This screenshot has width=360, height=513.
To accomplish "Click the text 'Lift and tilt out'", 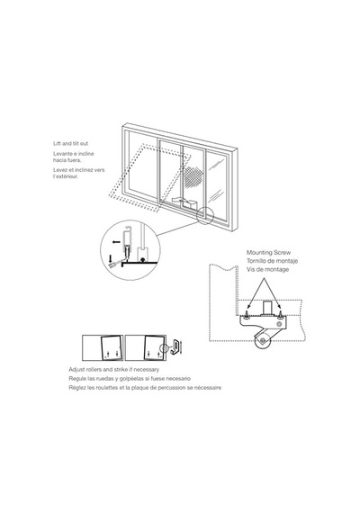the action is pos(71,143).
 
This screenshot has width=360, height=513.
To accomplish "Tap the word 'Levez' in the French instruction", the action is pos(60,170).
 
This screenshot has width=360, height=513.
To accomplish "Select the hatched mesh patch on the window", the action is pos(193,177).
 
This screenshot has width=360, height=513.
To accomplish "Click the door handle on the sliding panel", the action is pos(184,202).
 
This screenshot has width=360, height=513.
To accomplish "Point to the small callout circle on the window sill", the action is pos(205,216).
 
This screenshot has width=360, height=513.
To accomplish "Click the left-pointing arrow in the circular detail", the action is pos(116,242).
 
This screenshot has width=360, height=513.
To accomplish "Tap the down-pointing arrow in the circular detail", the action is pos(111,258).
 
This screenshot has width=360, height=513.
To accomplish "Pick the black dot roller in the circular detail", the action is pos(142,260).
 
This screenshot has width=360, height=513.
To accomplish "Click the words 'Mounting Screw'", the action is pos(268,253).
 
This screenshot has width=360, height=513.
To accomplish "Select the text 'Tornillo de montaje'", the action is pos(272,261).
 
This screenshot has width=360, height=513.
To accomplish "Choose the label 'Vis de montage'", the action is pos(267,270).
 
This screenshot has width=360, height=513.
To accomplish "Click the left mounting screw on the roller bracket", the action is pos(246,314).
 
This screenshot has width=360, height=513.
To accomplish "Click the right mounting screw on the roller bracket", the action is pos(281,314).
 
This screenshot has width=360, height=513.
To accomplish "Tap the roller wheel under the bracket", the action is pos(262,341).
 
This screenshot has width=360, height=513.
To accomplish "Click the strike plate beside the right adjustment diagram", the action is pos(175,347).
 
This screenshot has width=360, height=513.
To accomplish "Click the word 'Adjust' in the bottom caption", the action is pos(76,370).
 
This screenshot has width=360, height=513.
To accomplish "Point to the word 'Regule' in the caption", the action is pos(77,379).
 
